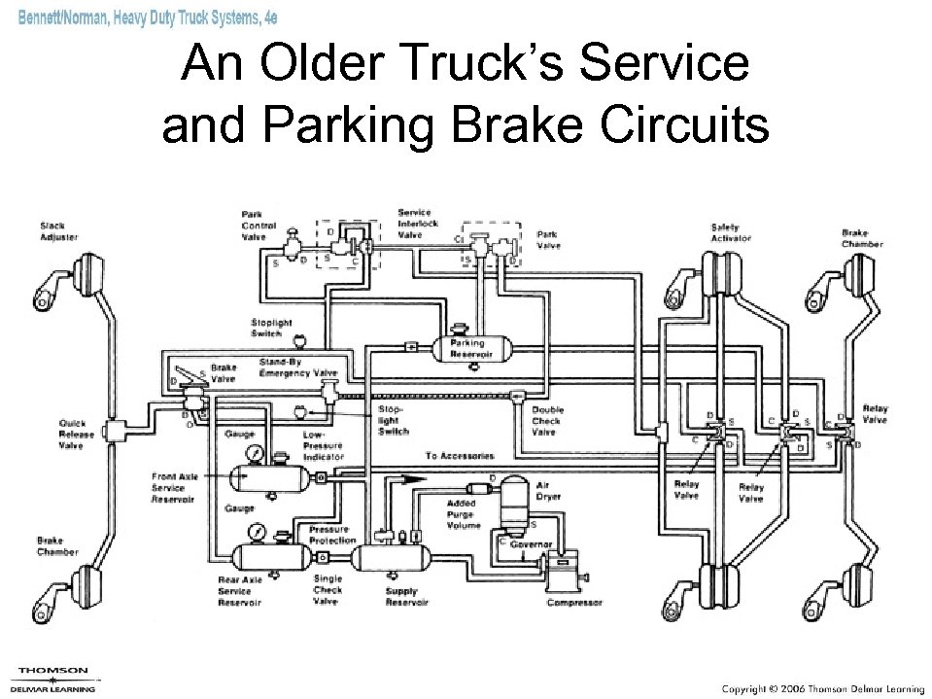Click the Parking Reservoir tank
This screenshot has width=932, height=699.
[468, 348]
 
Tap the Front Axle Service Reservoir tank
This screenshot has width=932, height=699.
[267, 477]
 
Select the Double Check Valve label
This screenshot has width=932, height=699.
[546, 421]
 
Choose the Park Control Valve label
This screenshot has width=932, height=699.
[259, 226]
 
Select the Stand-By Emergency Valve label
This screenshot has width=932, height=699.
[297, 367]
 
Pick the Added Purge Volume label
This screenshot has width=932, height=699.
[464, 514]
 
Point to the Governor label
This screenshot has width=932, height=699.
[532, 543]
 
